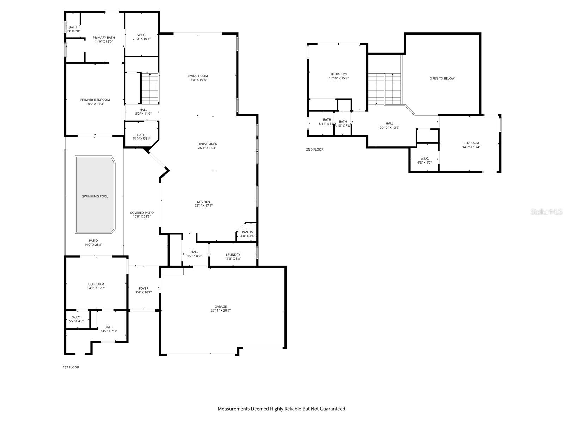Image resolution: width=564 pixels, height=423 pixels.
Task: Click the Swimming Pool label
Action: (x=95, y=196)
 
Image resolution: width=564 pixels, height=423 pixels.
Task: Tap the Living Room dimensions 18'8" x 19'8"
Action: (x=198, y=80)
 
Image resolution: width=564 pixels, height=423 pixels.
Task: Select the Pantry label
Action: (x=247, y=232)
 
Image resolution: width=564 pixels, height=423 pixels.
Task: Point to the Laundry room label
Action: (x=233, y=255)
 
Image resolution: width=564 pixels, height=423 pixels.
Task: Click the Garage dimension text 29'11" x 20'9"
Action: (x=221, y=311)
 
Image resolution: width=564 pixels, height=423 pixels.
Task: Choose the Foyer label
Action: (x=143, y=288)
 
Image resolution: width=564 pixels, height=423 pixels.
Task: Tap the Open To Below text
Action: (x=442, y=78)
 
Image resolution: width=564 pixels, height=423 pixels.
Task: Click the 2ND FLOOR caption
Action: (x=314, y=149)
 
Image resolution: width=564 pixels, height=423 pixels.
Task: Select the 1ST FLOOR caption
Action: (x=71, y=367)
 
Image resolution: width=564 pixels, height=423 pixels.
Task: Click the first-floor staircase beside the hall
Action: (x=150, y=88)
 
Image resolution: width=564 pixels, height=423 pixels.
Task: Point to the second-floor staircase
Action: (x=385, y=89)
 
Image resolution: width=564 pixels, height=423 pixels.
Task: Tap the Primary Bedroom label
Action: (x=95, y=100)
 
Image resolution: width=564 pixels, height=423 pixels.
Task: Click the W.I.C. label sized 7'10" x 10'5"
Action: (x=142, y=35)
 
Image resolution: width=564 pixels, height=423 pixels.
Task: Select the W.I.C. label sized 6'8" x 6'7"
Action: (x=424, y=158)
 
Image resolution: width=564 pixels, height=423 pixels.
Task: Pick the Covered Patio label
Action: (x=142, y=213)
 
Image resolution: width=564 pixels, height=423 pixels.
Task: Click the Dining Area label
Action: (x=207, y=144)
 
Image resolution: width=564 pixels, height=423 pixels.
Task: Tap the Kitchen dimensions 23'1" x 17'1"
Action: (x=203, y=206)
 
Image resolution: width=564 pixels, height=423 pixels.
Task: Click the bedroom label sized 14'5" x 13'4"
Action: (x=471, y=143)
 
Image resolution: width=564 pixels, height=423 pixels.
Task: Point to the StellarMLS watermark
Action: (x=547, y=211)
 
